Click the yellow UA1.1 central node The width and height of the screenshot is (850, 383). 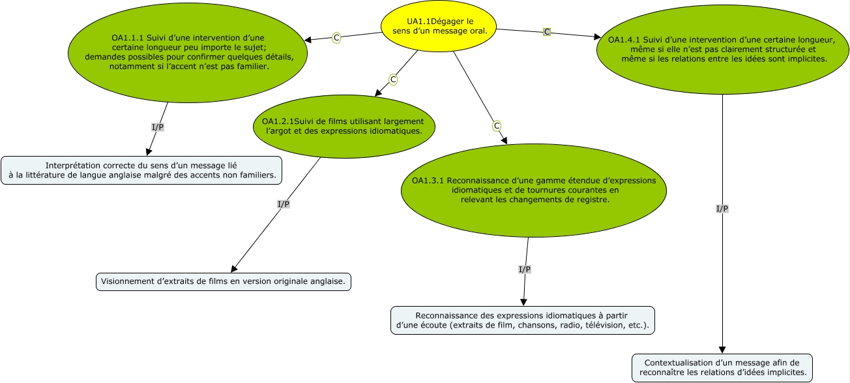[x=439, y=26]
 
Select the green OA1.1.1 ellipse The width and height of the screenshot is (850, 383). [x=188, y=52]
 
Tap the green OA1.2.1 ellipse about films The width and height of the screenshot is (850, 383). [x=344, y=126]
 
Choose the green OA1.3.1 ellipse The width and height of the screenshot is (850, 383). [x=533, y=190]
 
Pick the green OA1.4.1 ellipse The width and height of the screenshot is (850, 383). [x=722, y=49]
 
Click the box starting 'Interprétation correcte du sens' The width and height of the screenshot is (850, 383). [x=141, y=170]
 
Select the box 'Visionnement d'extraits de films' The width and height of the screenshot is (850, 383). [x=223, y=282]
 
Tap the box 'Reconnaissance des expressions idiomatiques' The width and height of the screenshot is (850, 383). [x=522, y=320]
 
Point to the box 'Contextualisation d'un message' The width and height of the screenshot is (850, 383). [x=722, y=368]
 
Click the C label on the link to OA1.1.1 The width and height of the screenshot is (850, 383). [x=336, y=38]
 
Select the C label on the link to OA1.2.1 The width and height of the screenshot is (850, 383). [x=393, y=80]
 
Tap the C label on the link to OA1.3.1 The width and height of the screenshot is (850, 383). [x=496, y=125]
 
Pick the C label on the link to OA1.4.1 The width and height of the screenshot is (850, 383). [x=547, y=32]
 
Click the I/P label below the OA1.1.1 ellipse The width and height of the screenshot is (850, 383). [x=158, y=127]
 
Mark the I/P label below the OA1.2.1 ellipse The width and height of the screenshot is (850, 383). [x=284, y=204]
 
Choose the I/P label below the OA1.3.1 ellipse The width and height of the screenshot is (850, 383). [x=524, y=269]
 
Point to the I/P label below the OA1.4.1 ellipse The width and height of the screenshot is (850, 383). [x=722, y=209]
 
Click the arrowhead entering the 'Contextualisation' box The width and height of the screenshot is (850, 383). [x=722, y=350]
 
